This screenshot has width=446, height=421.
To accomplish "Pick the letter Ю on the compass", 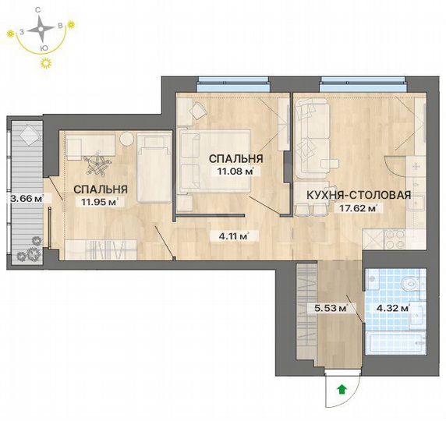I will coord(45,48).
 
